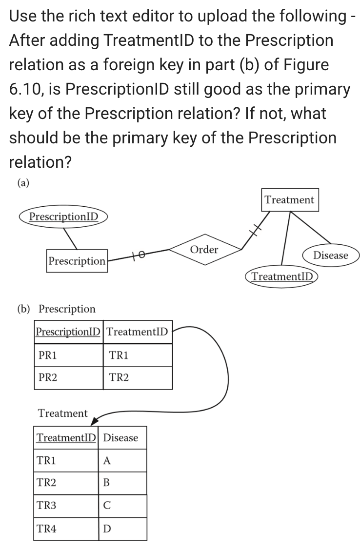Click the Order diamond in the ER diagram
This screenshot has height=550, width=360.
(204, 250)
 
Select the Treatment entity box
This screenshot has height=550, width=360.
(290, 200)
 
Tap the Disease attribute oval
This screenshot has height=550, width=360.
(330, 255)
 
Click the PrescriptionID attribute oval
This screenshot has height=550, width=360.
(63, 216)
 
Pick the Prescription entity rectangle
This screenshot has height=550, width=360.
(77, 261)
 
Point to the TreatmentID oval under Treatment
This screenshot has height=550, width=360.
(282, 276)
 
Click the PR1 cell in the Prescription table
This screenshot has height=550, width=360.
(68, 355)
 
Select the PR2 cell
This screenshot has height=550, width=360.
(68, 378)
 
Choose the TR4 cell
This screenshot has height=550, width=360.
(66, 529)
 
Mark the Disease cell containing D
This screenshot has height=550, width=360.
(122, 529)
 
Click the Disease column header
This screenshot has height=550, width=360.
(121, 437)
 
